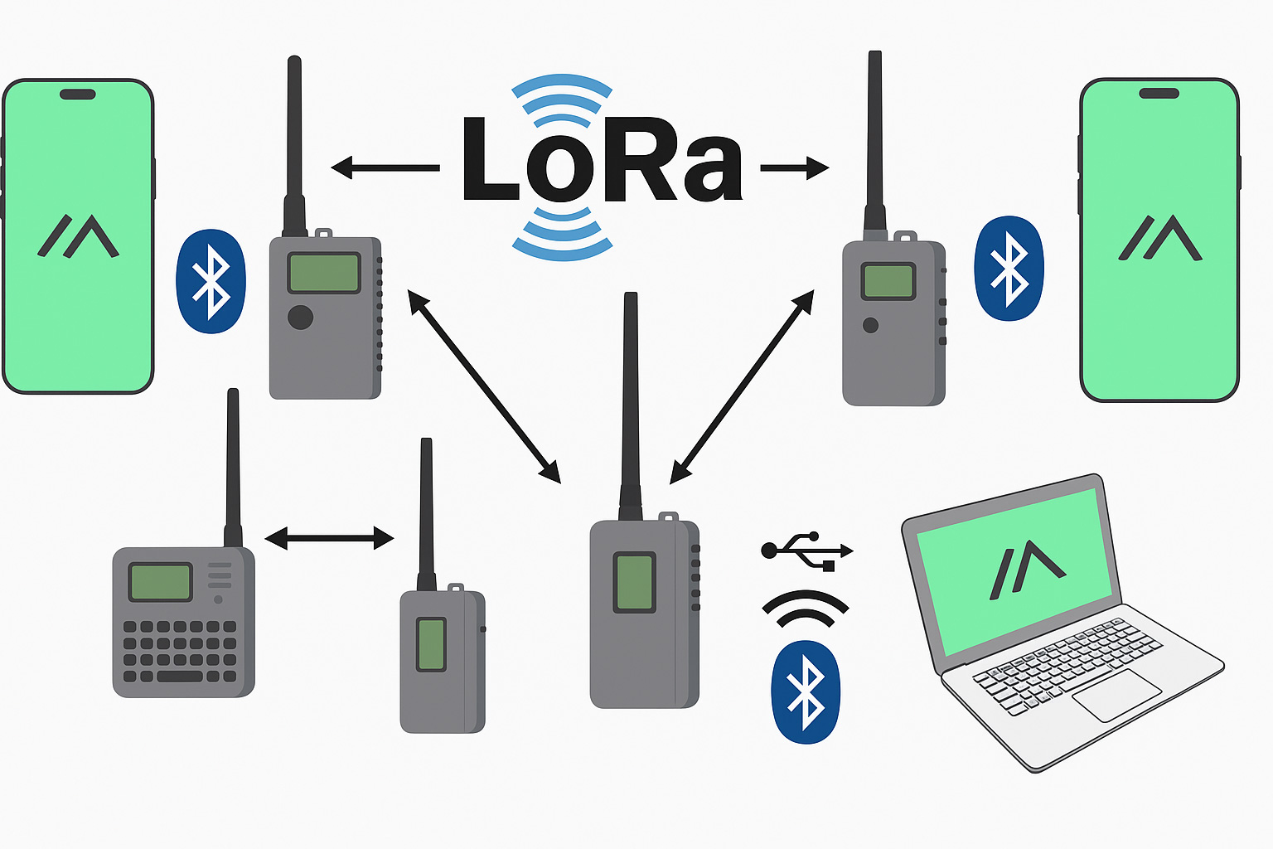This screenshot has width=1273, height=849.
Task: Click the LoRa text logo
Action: (603, 162)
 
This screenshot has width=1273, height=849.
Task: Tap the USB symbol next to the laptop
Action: (806, 551)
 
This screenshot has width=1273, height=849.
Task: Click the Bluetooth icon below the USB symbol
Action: (806, 691)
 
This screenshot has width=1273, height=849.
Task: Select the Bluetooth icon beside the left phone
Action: (211, 281)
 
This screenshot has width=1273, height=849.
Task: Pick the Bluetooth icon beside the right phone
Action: (1009, 268)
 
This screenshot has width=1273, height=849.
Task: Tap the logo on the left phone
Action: (79, 236)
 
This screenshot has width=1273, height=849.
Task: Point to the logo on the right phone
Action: (1159, 238)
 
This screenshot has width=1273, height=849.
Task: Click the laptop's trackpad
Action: (1116, 695)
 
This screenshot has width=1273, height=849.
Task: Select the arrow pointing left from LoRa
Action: (385, 168)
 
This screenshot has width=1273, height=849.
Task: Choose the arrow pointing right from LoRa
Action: (794, 168)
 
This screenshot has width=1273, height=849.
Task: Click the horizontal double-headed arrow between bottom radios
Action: (329, 539)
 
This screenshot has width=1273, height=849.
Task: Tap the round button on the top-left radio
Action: (300, 317)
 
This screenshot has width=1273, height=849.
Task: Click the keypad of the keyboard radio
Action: (180, 651)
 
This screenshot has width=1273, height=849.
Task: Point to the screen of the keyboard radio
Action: (160, 581)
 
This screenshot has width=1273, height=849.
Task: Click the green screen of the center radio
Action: (634, 582)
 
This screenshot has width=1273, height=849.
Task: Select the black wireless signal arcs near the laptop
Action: (806, 608)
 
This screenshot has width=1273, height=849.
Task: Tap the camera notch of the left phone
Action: (77, 94)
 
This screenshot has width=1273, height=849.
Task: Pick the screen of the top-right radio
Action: (888, 281)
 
